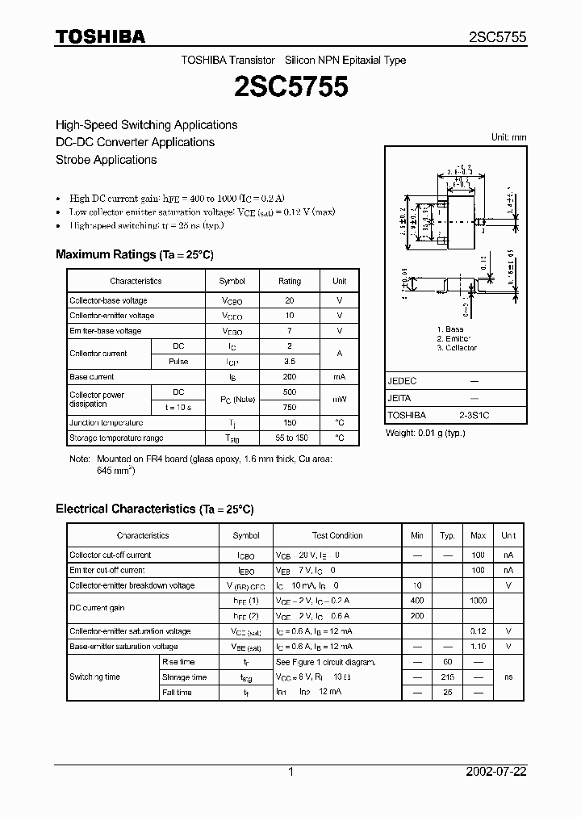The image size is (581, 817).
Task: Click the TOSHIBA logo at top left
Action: click(x=100, y=36)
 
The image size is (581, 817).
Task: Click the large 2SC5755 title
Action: click(x=291, y=86)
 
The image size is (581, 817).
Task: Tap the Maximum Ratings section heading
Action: click(x=134, y=254)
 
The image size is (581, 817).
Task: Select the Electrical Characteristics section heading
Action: click(x=154, y=509)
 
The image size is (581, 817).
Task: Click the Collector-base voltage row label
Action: click(x=108, y=300)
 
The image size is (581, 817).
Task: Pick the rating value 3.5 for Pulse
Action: click(x=289, y=362)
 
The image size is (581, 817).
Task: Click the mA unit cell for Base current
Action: click(x=339, y=377)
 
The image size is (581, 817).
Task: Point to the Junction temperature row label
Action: click(x=106, y=423)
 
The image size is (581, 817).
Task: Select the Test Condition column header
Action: click(x=337, y=535)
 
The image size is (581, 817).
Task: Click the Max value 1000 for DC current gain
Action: click(x=478, y=601)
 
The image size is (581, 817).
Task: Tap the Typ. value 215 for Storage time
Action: click(x=448, y=677)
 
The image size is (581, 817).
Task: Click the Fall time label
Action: click(x=177, y=693)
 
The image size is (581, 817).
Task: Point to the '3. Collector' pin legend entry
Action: click(x=456, y=348)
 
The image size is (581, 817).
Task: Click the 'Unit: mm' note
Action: click(x=508, y=137)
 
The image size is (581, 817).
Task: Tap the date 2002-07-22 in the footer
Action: click(x=496, y=772)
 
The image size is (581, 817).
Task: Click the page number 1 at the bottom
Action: click(x=290, y=772)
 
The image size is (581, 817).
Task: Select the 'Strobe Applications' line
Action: click(x=106, y=160)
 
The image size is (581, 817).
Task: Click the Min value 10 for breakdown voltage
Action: click(x=417, y=585)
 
